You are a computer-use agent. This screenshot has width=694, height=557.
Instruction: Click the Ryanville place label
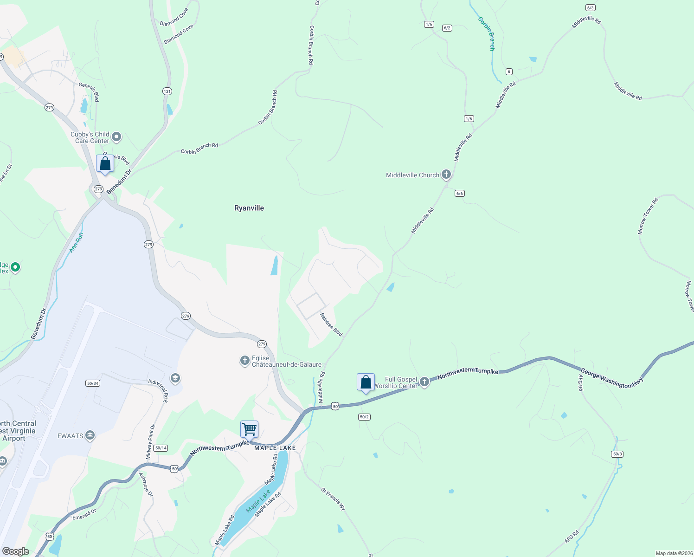point(249,208)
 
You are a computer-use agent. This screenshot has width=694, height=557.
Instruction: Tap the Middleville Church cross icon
point(446,175)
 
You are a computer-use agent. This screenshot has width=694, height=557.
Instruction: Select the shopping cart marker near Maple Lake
point(250,429)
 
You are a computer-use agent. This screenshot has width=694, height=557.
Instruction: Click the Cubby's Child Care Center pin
point(116,137)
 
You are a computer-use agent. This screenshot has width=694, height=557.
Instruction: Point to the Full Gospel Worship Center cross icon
point(424,382)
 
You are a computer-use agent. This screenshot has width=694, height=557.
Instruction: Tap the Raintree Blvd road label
point(331,324)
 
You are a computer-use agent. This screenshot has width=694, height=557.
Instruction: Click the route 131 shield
point(167,91)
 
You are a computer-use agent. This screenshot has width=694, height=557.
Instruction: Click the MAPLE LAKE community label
point(275,448)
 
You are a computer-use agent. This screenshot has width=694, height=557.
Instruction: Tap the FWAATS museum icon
point(90,435)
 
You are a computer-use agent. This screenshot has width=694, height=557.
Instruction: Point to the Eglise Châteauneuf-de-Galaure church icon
point(244,361)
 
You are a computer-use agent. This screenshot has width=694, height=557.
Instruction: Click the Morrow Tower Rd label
point(648,216)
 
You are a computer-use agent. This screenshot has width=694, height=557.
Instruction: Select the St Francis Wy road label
point(334,499)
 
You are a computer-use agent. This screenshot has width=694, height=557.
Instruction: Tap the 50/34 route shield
point(92,383)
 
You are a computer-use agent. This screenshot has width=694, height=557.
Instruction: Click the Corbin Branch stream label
point(487,33)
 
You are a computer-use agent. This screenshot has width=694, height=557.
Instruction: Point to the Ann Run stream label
point(76,243)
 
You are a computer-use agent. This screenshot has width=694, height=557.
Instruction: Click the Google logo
point(15,551)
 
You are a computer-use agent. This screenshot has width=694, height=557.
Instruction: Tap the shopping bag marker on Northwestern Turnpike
point(366,382)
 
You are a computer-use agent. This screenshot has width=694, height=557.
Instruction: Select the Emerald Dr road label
point(84,514)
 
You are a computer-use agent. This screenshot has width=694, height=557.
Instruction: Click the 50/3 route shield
point(617,454)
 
